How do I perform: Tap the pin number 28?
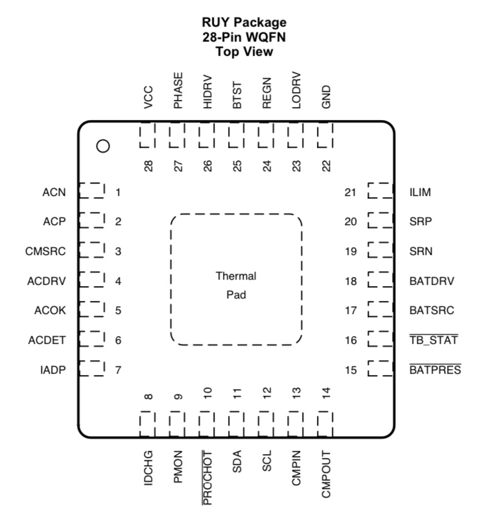click(x=148, y=166)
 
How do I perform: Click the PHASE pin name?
click(x=178, y=91)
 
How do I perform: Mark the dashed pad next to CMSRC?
click(x=92, y=251)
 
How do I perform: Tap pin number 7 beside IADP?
click(x=118, y=370)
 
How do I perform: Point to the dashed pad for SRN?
click(x=380, y=251)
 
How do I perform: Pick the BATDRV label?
click(x=432, y=281)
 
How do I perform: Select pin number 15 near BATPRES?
click(x=351, y=370)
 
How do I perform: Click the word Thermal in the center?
click(x=236, y=276)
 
